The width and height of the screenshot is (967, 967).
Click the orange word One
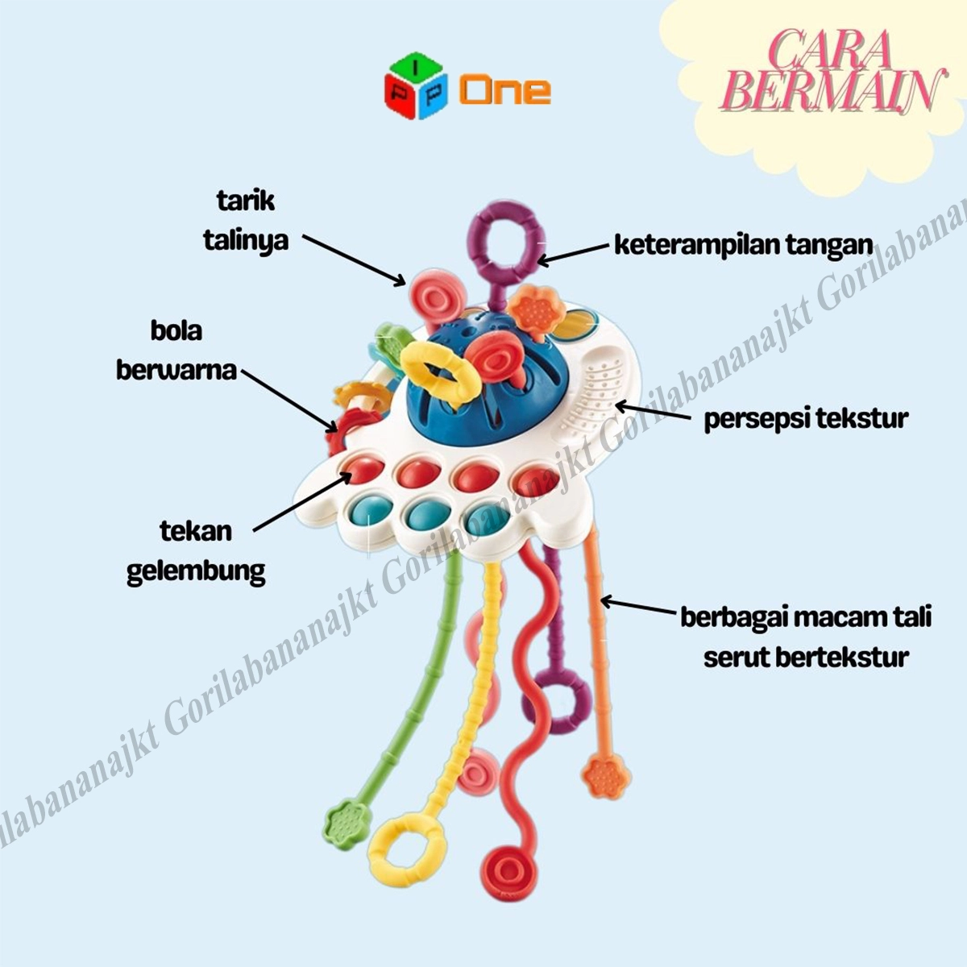point(505,90)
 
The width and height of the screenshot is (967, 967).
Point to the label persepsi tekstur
point(806,419)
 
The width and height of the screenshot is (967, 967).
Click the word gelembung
point(196,571)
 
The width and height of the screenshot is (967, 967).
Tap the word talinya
point(246,240)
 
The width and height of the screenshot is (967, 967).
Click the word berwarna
point(176,370)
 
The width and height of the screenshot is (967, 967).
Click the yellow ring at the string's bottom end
point(407,850)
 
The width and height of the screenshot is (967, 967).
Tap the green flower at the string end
point(345,824)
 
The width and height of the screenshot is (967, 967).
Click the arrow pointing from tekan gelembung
point(303,502)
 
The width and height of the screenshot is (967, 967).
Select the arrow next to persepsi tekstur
point(652,412)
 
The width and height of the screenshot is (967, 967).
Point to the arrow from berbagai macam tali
point(637,606)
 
